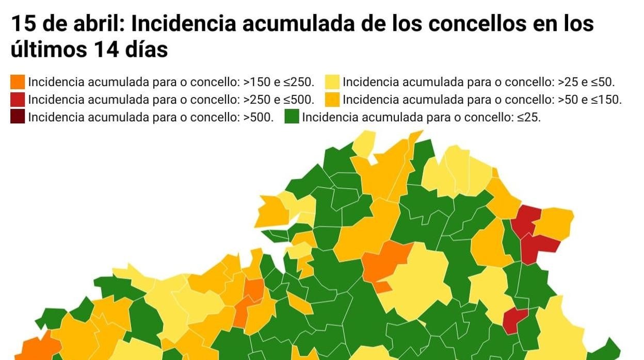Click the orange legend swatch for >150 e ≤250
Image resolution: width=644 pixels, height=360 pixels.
pyautogui.click(x=18, y=82)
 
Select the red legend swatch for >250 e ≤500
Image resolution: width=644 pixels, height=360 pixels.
pyautogui.click(x=18, y=100)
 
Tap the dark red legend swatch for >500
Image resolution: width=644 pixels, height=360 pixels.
pyautogui.click(x=18, y=117)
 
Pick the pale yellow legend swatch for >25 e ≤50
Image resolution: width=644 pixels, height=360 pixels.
pyautogui.click(x=332, y=82)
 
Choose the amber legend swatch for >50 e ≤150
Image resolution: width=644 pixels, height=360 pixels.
pyautogui.click(x=332, y=100)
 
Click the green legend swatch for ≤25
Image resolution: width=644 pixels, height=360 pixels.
pyautogui.click(x=292, y=117)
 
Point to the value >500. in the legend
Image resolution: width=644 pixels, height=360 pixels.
pyautogui.click(x=258, y=117)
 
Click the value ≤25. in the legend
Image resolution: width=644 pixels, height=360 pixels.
pyautogui.click(x=529, y=117)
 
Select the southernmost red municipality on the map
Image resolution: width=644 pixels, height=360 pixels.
pyautogui.click(x=514, y=319)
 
